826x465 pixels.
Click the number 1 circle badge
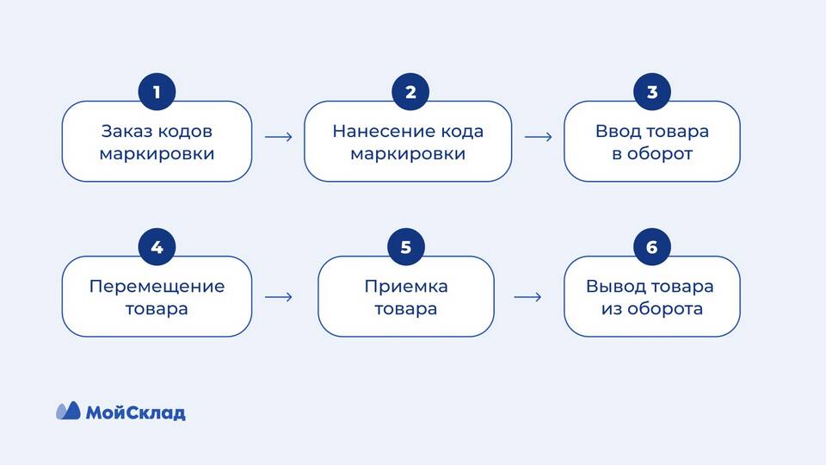[157, 92]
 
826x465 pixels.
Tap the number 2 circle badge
[410, 92]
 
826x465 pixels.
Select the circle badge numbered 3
[651, 92]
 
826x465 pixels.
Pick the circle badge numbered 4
[157, 247]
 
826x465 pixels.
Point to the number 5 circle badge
[406, 247]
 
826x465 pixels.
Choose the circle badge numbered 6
[651, 247]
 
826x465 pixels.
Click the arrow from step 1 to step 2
[278, 137]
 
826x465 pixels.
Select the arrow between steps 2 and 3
[538, 137]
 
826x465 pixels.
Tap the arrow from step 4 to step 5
[278, 297]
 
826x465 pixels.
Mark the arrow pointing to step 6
[527, 297]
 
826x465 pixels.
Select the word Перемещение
[157, 286]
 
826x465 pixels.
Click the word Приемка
[406, 286]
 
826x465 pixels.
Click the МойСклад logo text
[135, 412]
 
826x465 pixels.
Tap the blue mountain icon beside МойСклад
[68, 411]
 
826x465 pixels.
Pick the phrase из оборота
[651, 308]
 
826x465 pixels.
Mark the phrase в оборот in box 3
[651, 154]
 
